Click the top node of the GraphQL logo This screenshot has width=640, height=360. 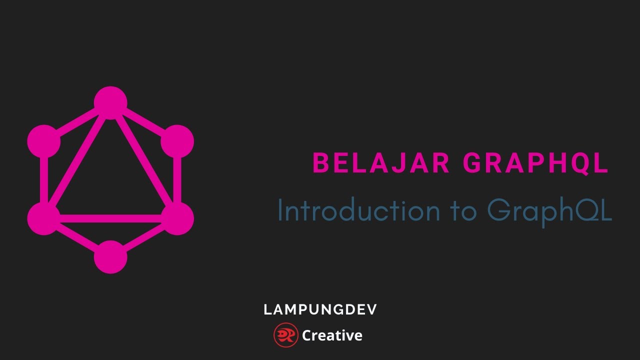tap(110, 103)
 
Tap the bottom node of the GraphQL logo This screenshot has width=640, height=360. tap(110, 257)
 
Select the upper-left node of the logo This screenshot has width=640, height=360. tap(44, 141)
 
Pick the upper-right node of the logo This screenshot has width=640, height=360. tap(177, 141)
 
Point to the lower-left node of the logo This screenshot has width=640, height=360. tap(44, 218)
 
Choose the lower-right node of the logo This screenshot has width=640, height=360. tap(177, 218)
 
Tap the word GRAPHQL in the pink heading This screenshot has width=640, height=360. tap(535, 163)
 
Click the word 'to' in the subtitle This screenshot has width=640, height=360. tap(463, 210)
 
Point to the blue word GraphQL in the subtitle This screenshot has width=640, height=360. tap(549, 211)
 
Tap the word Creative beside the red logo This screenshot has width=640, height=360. tap(332, 335)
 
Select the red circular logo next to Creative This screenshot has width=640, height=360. tap(286, 335)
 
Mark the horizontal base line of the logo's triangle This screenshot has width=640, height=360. tap(110, 218)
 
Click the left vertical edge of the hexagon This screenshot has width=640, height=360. tap(44, 180)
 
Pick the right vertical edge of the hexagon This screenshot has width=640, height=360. tap(177, 180)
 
